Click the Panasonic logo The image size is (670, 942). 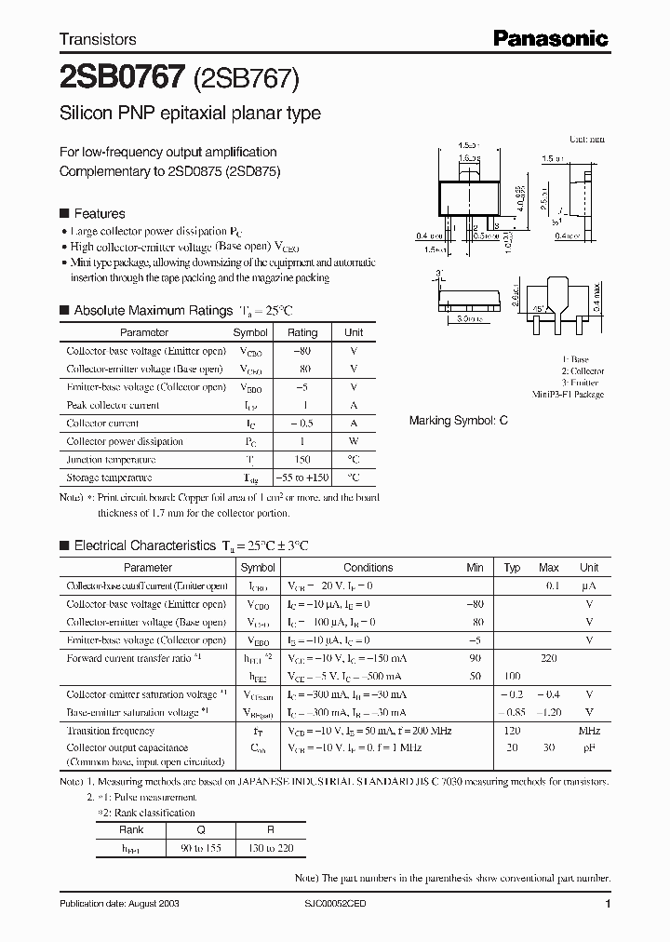(x=550, y=38)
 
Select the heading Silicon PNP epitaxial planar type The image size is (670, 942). (x=190, y=114)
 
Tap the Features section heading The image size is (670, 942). (x=99, y=213)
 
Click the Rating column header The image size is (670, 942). (x=302, y=332)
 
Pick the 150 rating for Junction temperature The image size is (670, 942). (x=302, y=459)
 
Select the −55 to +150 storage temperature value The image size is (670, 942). (x=302, y=478)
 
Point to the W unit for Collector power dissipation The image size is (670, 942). (x=354, y=441)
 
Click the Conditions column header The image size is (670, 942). (x=368, y=567)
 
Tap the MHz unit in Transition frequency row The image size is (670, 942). (x=588, y=731)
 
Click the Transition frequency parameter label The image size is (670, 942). (x=110, y=731)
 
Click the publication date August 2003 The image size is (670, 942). (x=119, y=904)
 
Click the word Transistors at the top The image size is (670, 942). (x=98, y=39)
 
